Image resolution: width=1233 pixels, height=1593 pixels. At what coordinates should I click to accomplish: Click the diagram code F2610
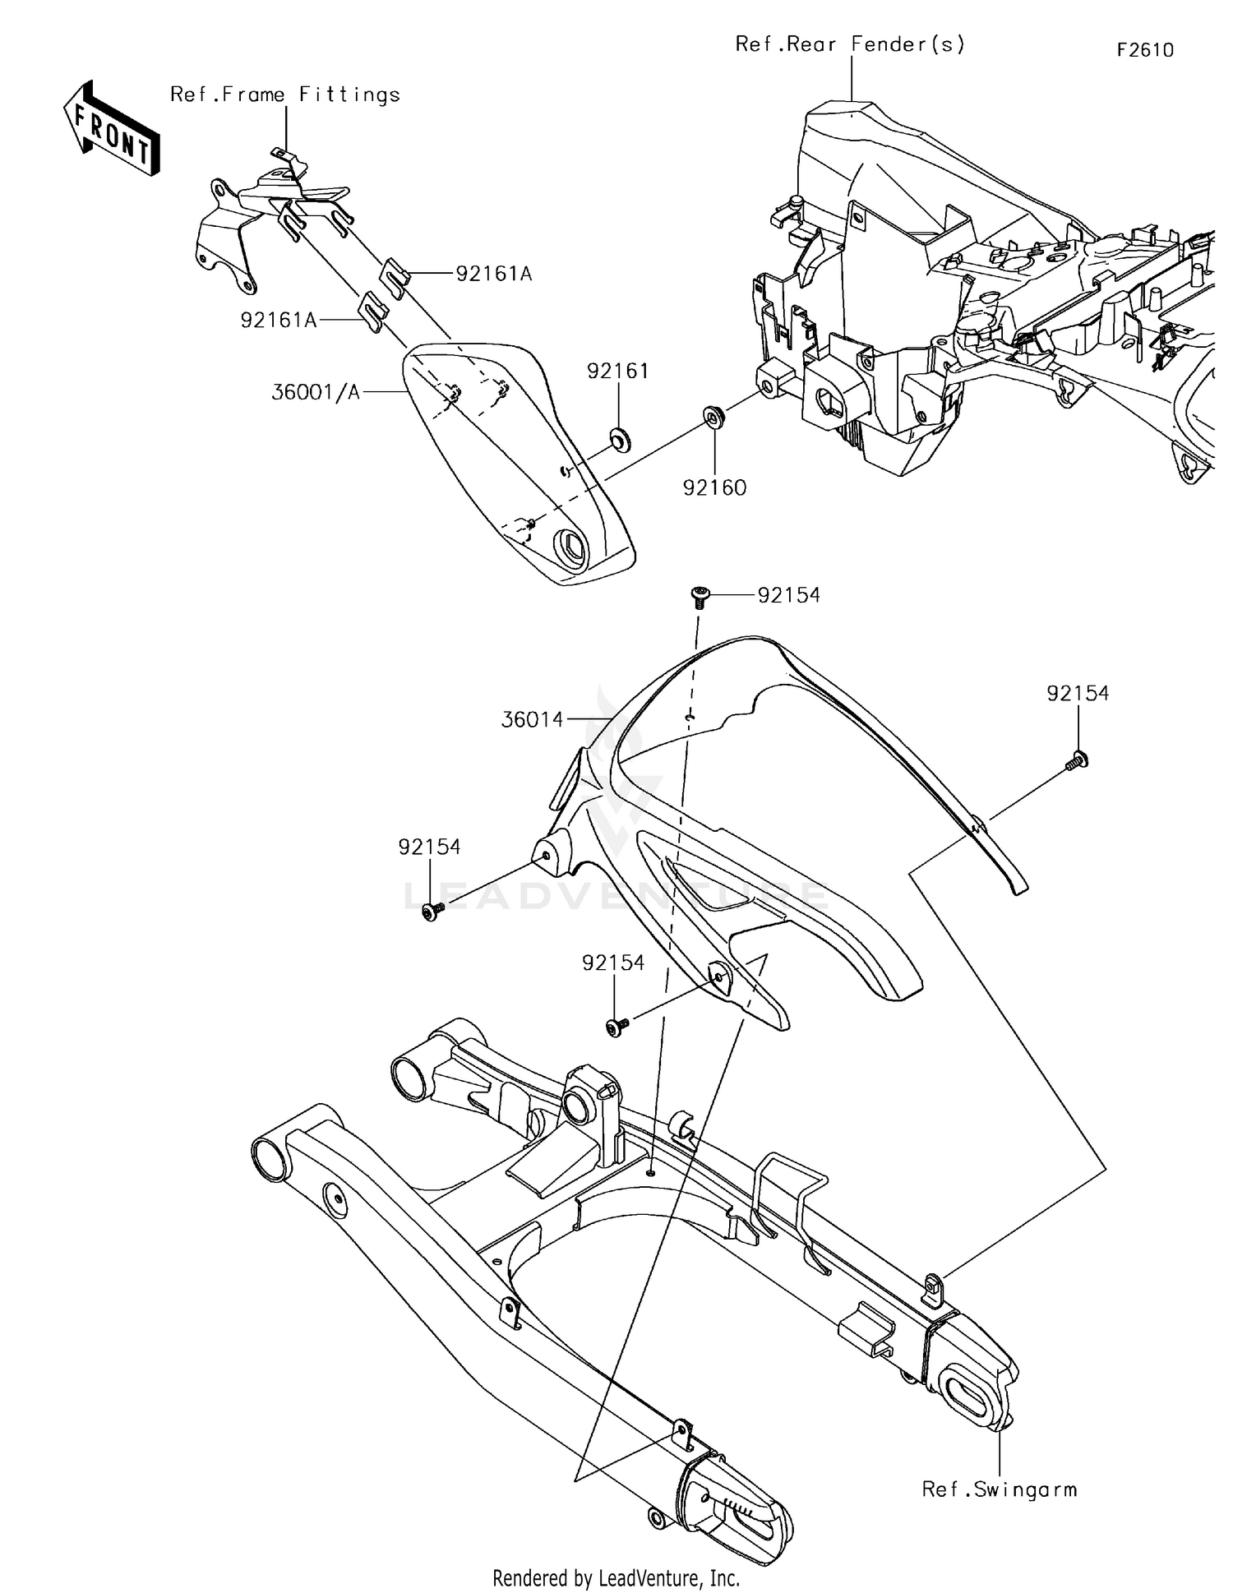tap(1145, 50)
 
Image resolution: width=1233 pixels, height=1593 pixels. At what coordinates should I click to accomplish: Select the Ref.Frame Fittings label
tap(285, 95)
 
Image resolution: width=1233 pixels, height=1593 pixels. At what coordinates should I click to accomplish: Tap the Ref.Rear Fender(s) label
tap(850, 44)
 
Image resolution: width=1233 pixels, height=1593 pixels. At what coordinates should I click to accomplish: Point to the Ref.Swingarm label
tap(999, 1489)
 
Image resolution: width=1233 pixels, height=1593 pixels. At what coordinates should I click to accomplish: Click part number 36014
tap(533, 720)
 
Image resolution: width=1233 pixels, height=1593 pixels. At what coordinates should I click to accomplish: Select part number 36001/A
tap(316, 393)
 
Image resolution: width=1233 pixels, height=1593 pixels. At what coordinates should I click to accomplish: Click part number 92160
tap(714, 488)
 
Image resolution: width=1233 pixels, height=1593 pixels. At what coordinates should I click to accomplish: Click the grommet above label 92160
tap(713, 416)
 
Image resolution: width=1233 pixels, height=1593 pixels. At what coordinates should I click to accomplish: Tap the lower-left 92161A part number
tap(278, 321)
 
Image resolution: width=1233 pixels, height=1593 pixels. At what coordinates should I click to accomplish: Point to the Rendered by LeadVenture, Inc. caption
tap(616, 1577)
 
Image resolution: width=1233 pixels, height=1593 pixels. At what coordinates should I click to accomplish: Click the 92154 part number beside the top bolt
tap(788, 595)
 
